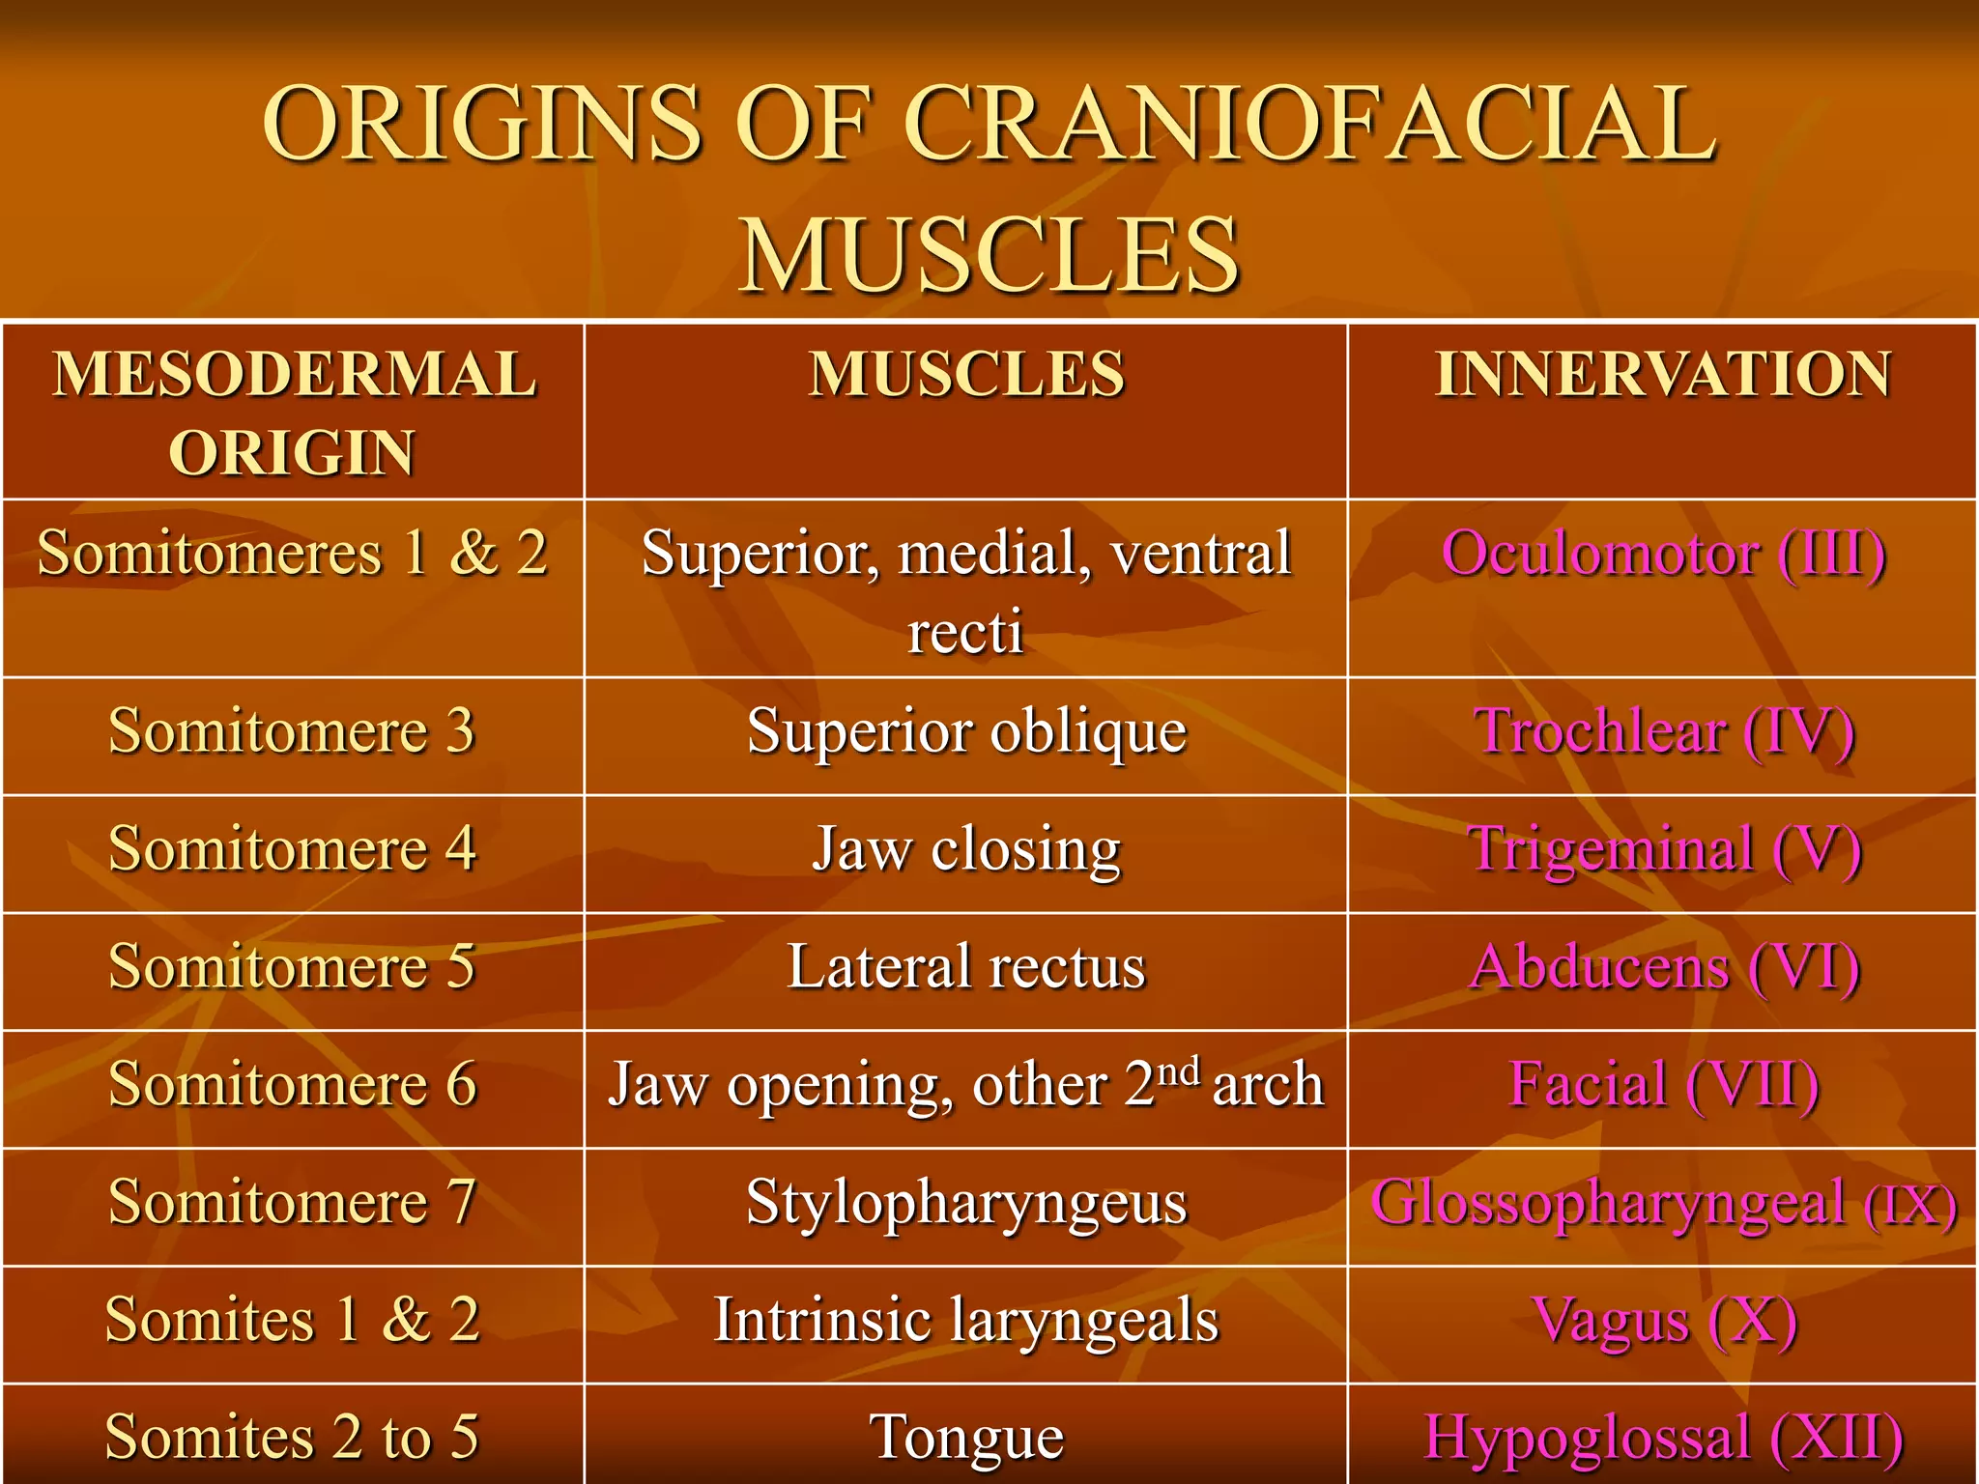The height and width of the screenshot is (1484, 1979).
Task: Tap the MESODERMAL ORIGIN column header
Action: (294, 413)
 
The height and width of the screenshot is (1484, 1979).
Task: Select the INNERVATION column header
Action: (1662, 375)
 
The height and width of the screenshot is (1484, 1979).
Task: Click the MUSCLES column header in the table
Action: (966, 375)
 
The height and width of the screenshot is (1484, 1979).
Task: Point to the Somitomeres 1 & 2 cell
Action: (293, 554)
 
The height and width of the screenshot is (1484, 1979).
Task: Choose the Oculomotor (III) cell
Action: (1663, 555)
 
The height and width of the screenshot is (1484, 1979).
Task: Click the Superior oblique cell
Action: (966, 731)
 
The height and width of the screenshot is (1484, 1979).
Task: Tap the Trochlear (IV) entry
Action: (1663, 731)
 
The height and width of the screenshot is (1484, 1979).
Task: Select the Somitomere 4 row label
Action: (293, 849)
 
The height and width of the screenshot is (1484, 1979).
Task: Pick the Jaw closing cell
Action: (966, 850)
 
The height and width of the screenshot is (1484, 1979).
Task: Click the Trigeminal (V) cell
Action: (1663, 850)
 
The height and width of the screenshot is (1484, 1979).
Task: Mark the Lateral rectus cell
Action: (966, 967)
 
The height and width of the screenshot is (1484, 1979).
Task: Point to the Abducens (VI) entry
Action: (1663, 967)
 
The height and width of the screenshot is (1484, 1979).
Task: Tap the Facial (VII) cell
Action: (1663, 1084)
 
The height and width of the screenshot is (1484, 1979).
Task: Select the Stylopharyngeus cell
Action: (966, 1204)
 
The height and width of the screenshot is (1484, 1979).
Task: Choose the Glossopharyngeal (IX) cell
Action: (1663, 1204)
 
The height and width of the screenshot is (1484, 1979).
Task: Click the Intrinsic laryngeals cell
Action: (966, 1321)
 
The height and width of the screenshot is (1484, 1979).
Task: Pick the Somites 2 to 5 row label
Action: (293, 1437)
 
